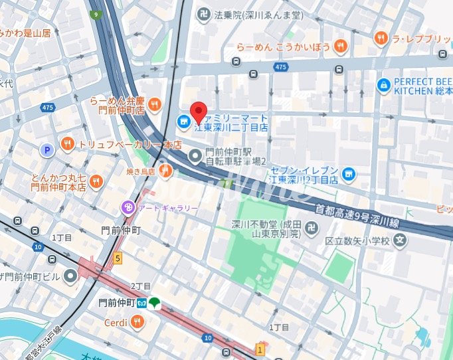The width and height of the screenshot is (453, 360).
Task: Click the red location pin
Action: (199, 112)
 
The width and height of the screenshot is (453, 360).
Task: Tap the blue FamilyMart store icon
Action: (181, 122)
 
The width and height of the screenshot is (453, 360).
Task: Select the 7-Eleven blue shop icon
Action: (349, 175)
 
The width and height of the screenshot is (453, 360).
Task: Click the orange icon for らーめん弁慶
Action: (155, 104)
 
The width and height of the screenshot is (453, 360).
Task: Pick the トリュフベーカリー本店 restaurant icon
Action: (67, 143)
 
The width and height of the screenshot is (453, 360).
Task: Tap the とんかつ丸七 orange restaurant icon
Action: (96, 181)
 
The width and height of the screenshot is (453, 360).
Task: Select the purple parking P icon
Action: (47, 151)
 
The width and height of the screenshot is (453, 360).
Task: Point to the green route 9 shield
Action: (96, 14)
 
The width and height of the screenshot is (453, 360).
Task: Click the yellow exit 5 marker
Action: (118, 258)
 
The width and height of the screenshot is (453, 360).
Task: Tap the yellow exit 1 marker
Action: (260, 349)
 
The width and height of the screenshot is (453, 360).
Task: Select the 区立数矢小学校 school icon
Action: (399, 240)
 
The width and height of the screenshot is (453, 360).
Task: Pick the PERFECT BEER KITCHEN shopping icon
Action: (383, 85)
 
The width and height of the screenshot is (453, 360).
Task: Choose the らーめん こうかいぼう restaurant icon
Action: (341, 46)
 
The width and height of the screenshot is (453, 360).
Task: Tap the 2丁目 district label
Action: (141, 286)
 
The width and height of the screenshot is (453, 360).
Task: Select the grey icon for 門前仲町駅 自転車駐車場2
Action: (195, 156)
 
